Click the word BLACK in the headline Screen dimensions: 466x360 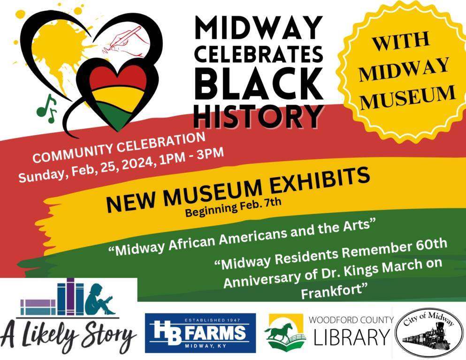coord(259,84)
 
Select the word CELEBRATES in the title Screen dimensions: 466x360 coord(259,54)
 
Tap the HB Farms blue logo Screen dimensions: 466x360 coord(200,333)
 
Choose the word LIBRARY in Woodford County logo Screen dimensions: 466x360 coord(352,337)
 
